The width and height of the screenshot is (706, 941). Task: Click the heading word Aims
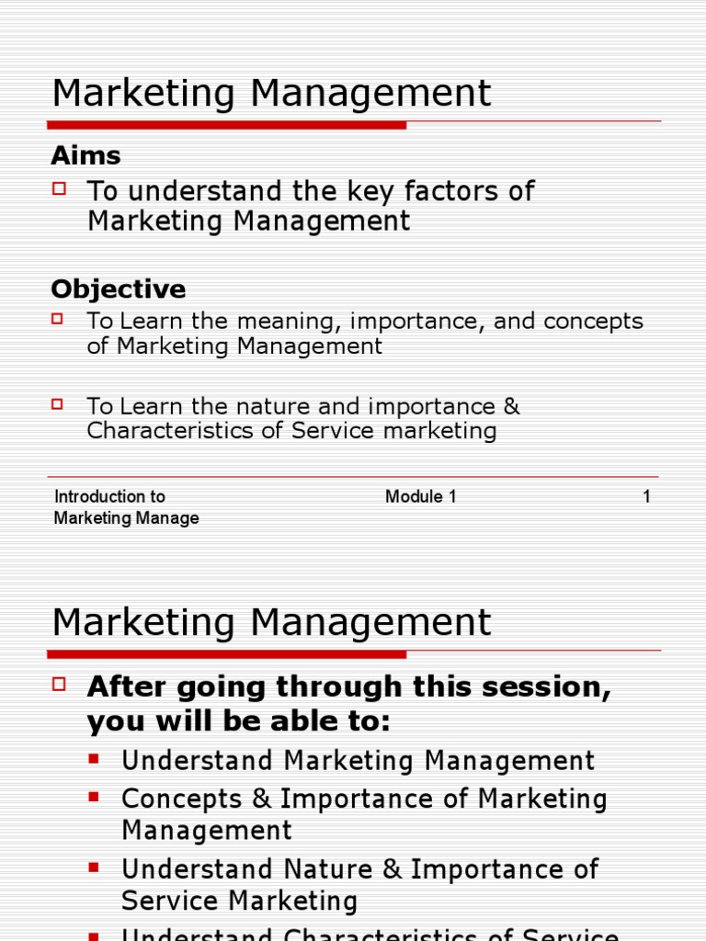click(x=85, y=155)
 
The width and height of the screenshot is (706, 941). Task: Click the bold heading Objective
click(x=118, y=289)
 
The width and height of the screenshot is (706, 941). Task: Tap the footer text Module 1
click(x=420, y=497)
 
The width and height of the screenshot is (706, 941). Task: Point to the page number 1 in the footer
click(x=646, y=497)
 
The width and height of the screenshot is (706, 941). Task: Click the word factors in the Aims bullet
click(x=456, y=191)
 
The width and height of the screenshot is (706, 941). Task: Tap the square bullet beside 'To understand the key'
click(x=60, y=188)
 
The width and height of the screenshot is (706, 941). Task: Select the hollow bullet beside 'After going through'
click(x=61, y=684)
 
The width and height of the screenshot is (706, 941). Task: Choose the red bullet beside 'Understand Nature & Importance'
click(x=94, y=867)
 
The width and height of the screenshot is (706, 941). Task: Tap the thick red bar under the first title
click(x=226, y=124)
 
